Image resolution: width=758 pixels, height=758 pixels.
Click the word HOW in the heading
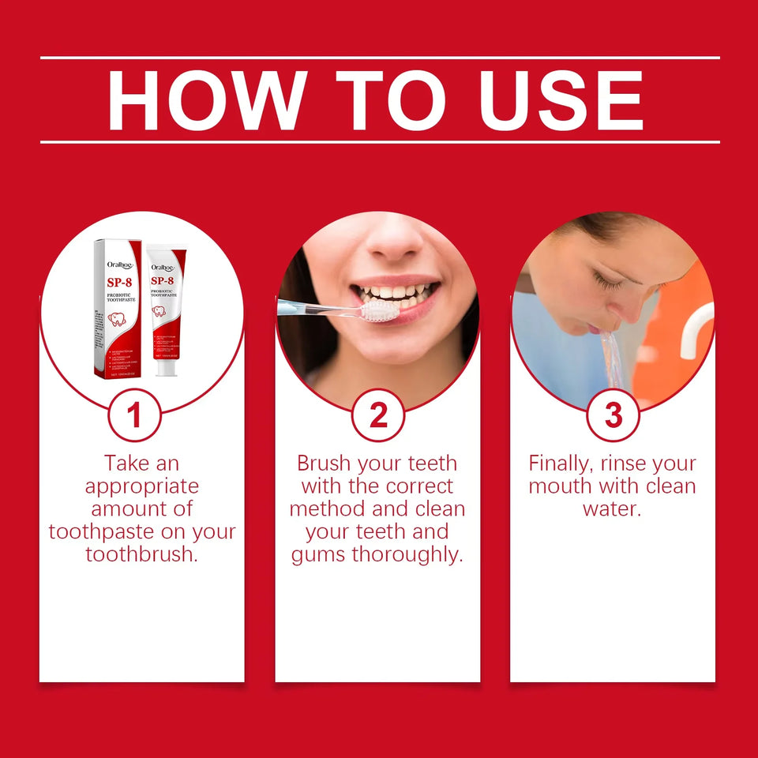tap(204, 100)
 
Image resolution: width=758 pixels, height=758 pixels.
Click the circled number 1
tap(134, 415)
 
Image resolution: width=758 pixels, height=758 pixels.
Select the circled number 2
tap(378, 415)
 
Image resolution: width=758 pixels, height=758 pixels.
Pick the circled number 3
tap(613, 415)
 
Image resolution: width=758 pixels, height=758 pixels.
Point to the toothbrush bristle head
tap(381, 310)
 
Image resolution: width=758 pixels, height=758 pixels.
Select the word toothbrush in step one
tap(141, 554)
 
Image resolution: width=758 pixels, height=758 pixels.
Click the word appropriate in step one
tap(141, 486)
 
